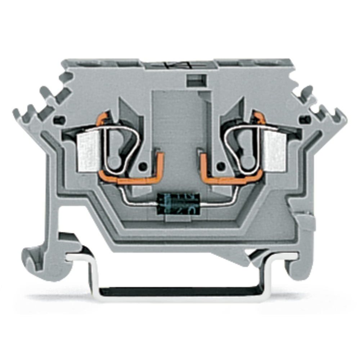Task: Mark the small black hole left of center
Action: [x=144, y=166]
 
